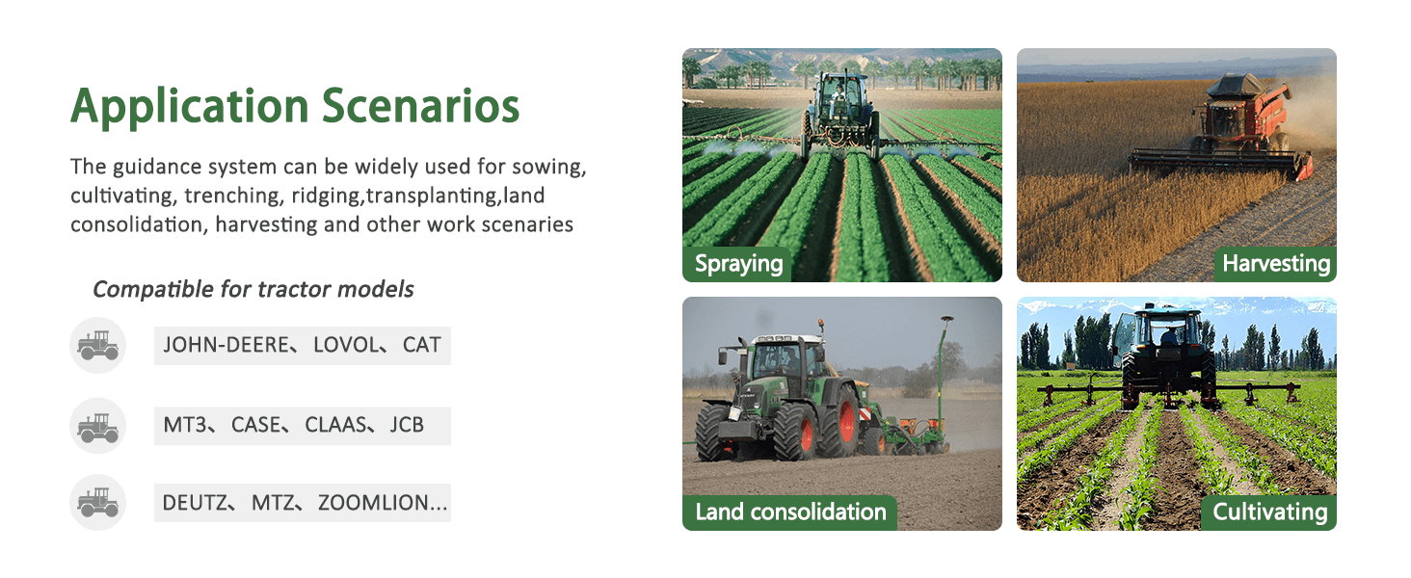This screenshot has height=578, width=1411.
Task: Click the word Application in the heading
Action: [x=190, y=107]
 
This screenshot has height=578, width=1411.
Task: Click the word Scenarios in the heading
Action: [x=421, y=105]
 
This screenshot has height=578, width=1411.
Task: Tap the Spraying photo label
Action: [x=738, y=264]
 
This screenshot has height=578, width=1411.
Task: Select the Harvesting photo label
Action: [x=1276, y=263]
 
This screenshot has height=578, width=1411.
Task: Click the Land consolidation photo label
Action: [x=790, y=512]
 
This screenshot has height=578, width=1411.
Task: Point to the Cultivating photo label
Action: [x=1270, y=512]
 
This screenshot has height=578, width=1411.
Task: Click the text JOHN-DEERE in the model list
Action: [x=226, y=345]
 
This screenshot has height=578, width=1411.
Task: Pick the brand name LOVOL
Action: [x=346, y=345]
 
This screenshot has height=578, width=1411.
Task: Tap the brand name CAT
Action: [x=421, y=345]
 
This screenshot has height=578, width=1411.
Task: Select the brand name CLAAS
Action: [x=335, y=425]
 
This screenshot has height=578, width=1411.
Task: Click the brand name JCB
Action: [x=407, y=425]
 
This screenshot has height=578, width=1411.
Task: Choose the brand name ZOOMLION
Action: [x=373, y=503]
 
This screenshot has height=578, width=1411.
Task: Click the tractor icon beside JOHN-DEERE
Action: [x=97, y=345]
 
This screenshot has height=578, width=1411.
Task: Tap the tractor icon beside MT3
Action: [x=97, y=427]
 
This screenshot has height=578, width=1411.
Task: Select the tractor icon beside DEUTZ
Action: [x=97, y=503]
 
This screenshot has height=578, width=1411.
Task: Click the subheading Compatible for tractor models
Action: [x=253, y=289]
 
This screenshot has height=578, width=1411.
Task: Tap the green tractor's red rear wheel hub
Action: [x=847, y=421]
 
